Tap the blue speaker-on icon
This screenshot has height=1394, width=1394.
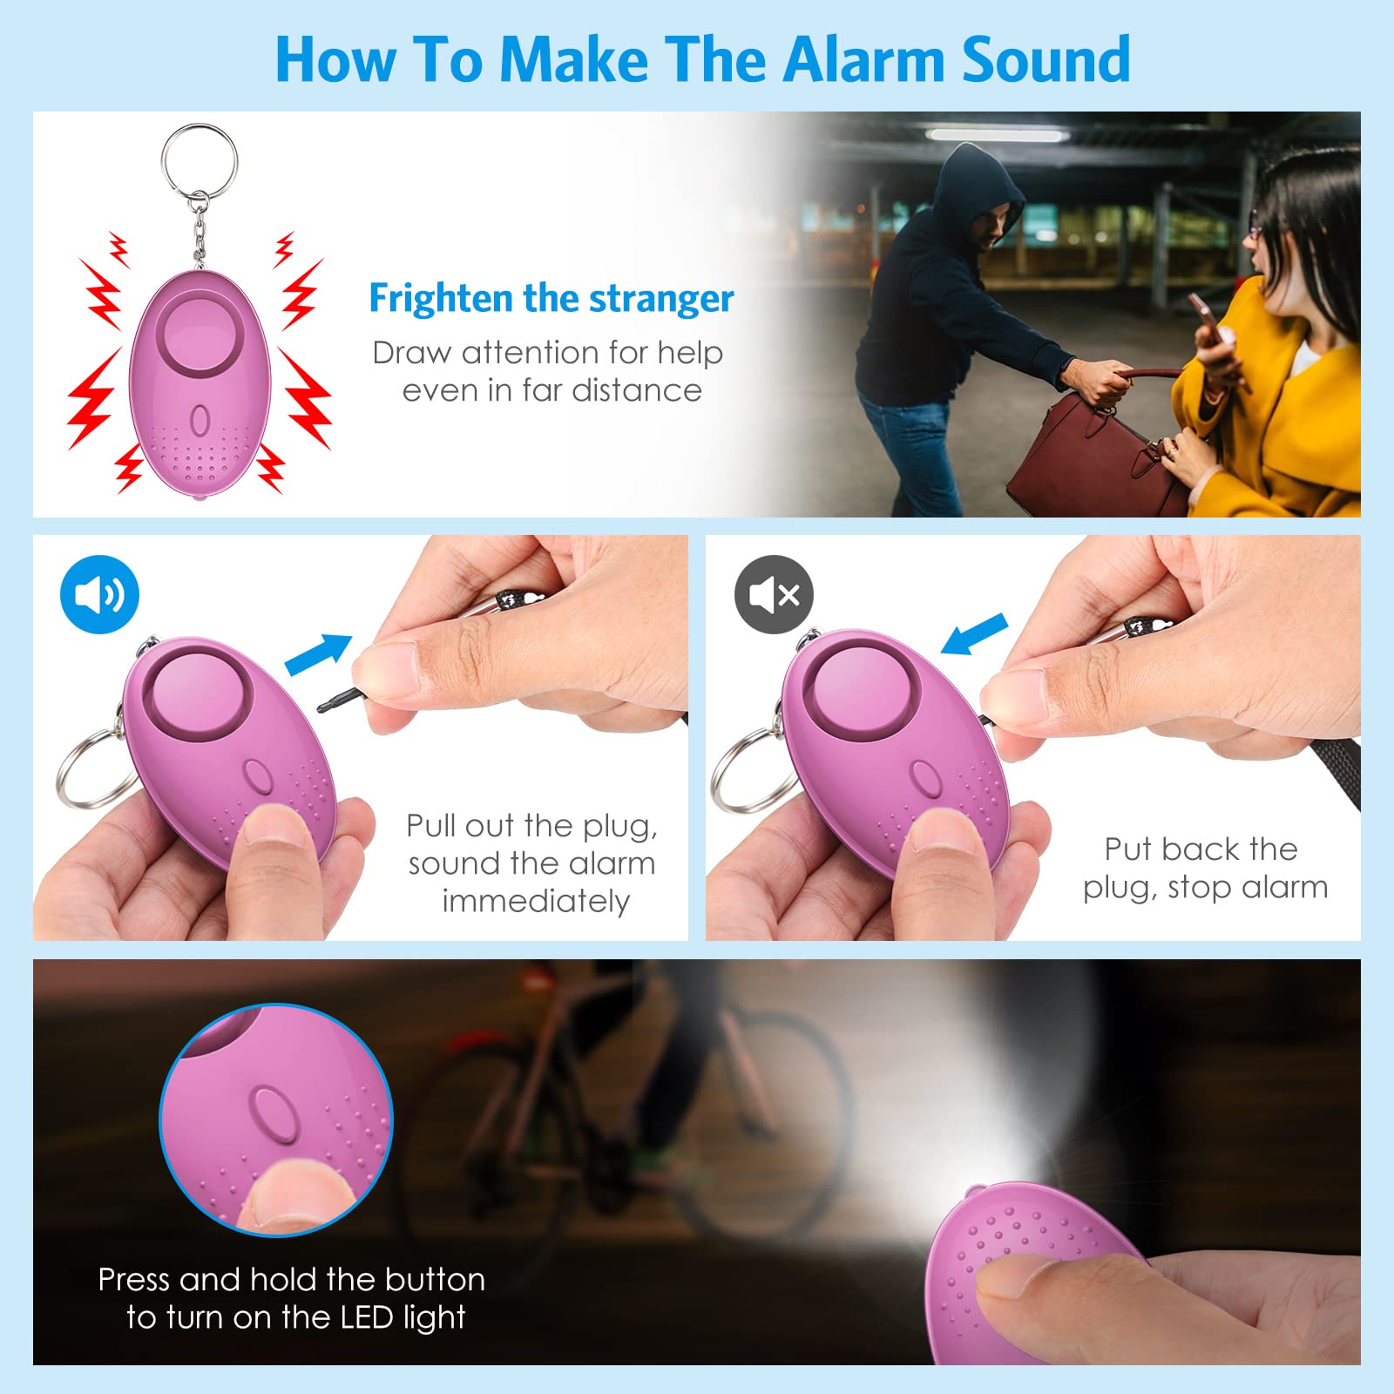pyautogui.click(x=99, y=594)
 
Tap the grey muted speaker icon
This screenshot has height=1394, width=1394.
pyautogui.click(x=774, y=594)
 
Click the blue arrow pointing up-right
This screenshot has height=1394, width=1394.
pyautogui.click(x=318, y=654)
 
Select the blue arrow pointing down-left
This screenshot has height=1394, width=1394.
pyautogui.click(x=974, y=634)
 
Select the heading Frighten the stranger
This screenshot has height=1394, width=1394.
pyautogui.click(x=551, y=298)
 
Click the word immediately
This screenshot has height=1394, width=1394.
pyautogui.click(x=535, y=902)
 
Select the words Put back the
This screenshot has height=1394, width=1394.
pyautogui.click(x=1201, y=849)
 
